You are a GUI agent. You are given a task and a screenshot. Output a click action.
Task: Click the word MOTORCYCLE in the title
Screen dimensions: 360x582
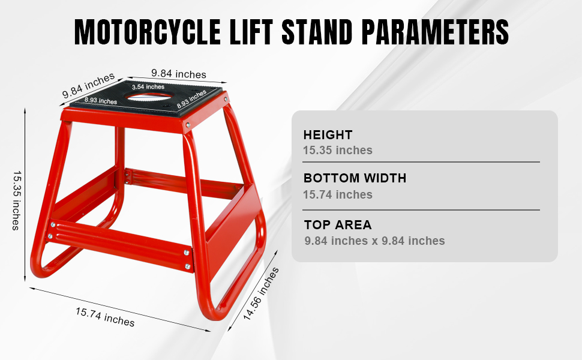point(148,32)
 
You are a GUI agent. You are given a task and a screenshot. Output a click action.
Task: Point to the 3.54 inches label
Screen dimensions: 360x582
point(148,87)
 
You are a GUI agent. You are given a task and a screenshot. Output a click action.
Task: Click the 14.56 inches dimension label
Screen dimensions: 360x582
point(261,295)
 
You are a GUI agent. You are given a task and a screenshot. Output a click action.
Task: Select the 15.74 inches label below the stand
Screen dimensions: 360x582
point(105,317)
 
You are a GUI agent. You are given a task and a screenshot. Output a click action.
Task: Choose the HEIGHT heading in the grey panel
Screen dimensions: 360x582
point(328,135)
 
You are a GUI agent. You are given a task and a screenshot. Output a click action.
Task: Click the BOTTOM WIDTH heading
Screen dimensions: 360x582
point(355,178)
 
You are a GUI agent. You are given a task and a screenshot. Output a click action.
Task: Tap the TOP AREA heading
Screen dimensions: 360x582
point(337,225)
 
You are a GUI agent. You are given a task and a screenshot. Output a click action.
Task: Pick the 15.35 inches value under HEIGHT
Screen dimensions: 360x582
point(338,150)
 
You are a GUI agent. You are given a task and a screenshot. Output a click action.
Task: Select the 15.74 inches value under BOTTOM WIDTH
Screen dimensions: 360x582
point(338,194)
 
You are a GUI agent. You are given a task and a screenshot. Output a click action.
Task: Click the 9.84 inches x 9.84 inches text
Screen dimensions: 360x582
point(374,241)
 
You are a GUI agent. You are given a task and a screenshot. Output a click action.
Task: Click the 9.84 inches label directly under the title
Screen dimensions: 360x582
point(178,74)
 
